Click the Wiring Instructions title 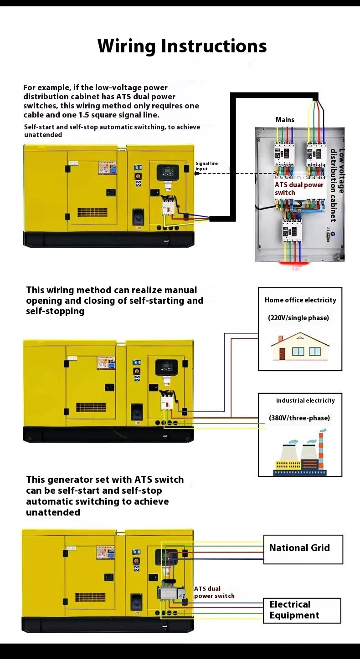tap(182, 46)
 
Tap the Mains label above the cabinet tap(285, 120)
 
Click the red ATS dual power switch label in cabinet tap(298, 189)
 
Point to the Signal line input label tap(206, 166)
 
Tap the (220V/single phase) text tap(298, 318)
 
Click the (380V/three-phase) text tap(299, 418)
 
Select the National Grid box tap(303, 549)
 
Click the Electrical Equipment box tap(302, 610)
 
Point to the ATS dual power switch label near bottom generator tap(214, 592)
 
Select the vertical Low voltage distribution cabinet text tap(338, 184)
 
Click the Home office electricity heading tap(300, 300)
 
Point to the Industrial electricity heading tap(305, 400)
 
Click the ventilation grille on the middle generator tap(91, 407)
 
